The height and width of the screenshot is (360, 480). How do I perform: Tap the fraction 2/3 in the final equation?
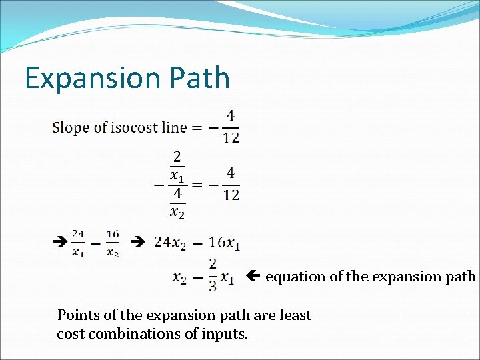click(212, 275)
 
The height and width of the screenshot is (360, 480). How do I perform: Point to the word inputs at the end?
click(225, 333)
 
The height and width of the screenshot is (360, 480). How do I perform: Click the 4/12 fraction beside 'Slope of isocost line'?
click(230, 127)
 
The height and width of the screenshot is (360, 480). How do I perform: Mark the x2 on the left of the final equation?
click(180, 277)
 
